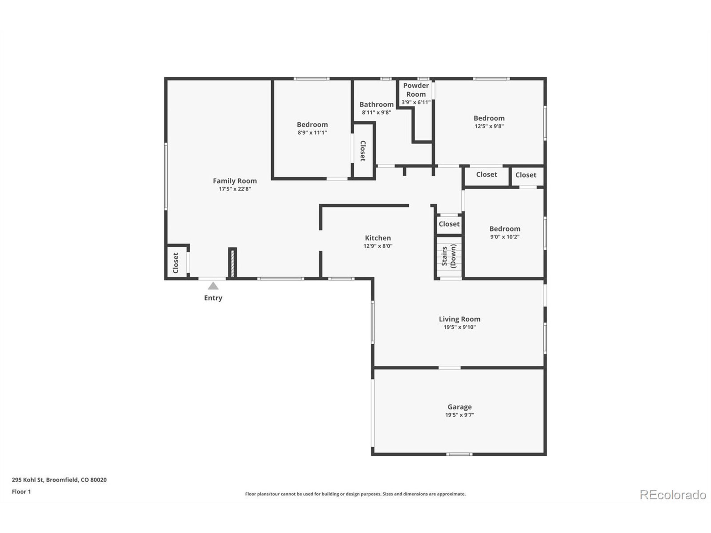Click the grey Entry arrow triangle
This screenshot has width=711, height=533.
[x=213, y=286]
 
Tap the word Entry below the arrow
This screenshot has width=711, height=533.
[x=213, y=298]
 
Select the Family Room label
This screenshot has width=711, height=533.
[x=235, y=181]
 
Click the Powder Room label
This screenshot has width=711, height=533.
[x=416, y=90]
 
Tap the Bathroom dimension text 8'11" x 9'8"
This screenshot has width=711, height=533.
[x=376, y=112]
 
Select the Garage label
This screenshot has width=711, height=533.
[x=459, y=407]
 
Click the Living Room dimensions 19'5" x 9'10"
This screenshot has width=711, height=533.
[x=459, y=327]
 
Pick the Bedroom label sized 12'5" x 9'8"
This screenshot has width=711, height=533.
[x=489, y=118]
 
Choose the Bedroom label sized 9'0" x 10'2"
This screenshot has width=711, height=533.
[x=505, y=229]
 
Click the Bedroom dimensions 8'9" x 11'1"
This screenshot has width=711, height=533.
[x=312, y=132]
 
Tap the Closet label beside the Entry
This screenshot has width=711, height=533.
[x=176, y=263]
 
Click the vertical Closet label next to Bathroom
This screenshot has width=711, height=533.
[x=363, y=151]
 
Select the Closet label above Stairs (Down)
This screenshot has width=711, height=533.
[x=449, y=224]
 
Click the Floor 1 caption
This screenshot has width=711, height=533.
[x=21, y=492]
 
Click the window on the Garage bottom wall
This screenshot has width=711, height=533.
[x=459, y=454]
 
